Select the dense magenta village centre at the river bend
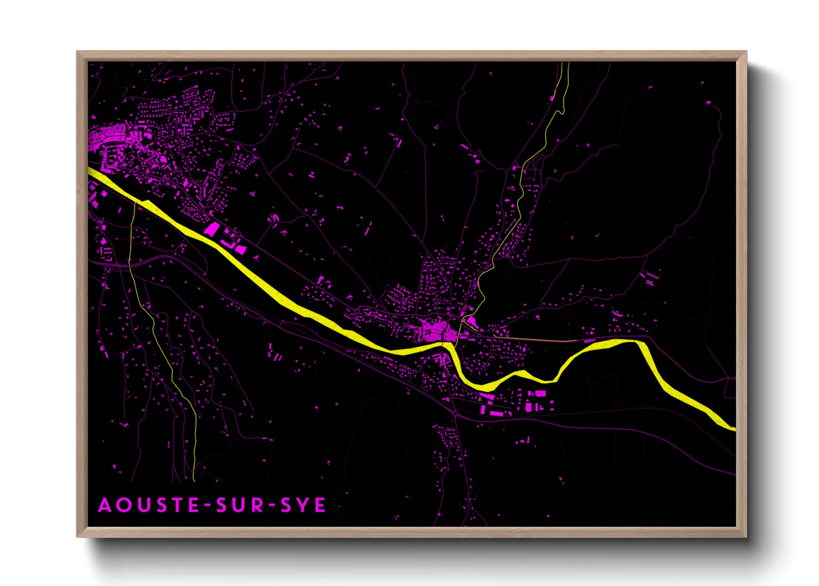[x=437, y=331]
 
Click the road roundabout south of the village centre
[x=455, y=413]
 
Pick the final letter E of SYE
[x=320, y=505]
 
